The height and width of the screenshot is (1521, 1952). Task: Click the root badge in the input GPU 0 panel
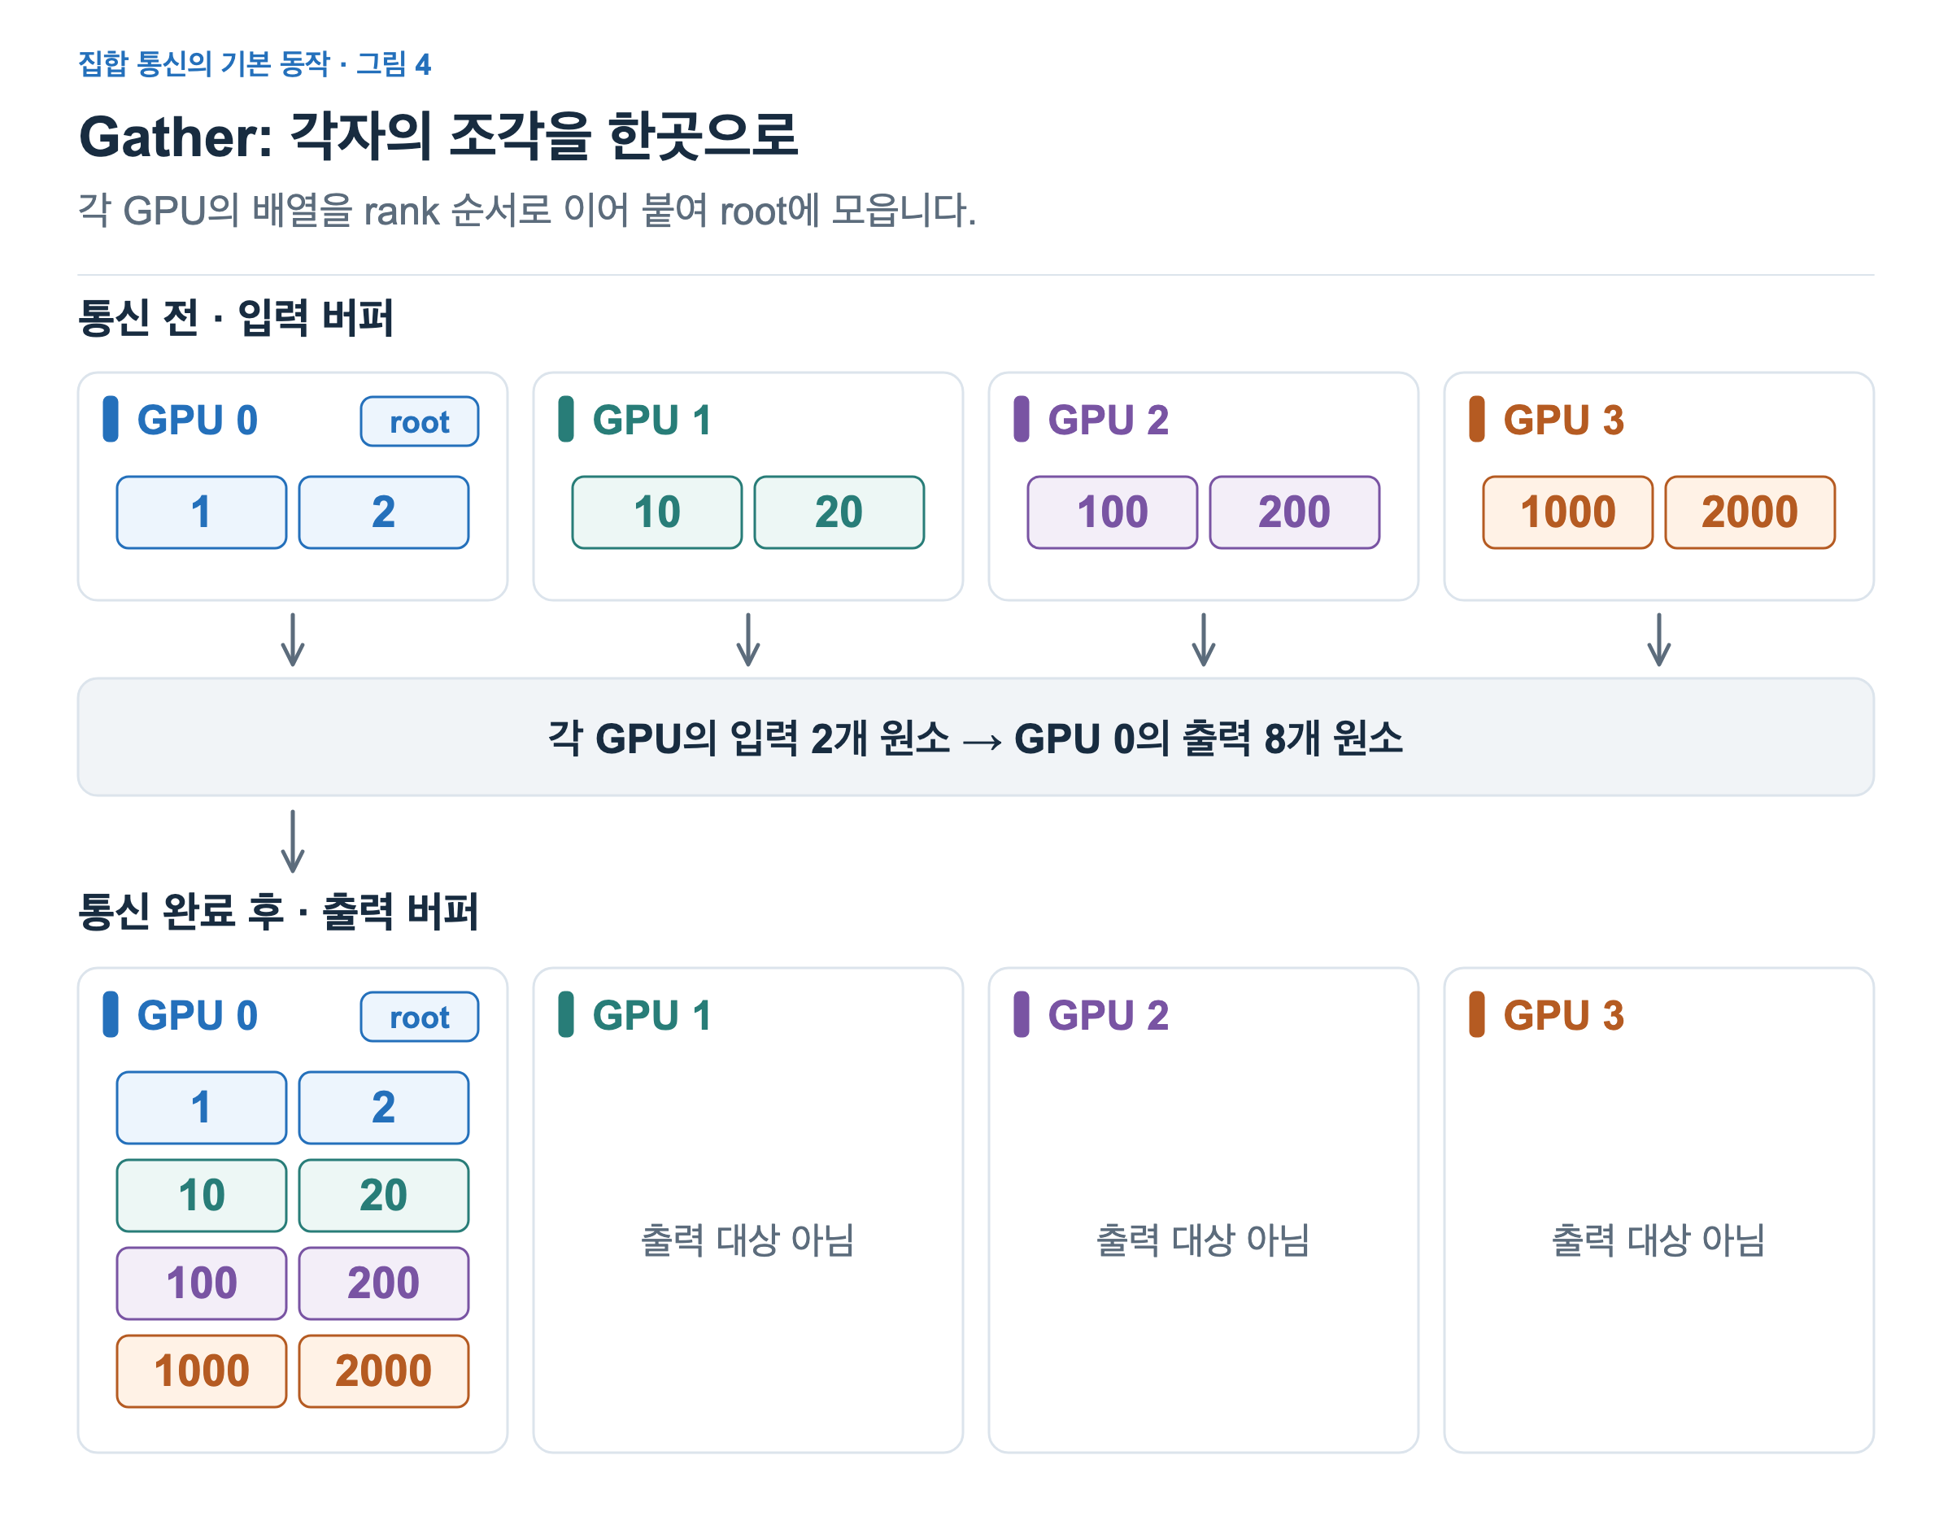coord(419,421)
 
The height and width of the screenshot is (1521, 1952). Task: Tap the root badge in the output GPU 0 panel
coord(419,1016)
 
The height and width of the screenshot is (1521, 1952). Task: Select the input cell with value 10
coord(657,512)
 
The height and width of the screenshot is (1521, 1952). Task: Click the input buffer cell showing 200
coord(1294,512)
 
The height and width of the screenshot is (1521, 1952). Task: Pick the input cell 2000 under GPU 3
coord(1750,512)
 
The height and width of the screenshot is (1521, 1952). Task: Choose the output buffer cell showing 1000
coord(201,1371)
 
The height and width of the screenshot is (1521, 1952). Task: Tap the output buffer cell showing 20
coord(383,1196)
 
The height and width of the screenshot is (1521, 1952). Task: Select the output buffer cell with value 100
coord(201,1283)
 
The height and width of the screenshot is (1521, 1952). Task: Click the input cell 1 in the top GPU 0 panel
coord(201,512)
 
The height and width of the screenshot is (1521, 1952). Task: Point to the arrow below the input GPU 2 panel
coord(1204,640)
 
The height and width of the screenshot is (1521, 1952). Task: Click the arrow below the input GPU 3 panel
coord(1659,640)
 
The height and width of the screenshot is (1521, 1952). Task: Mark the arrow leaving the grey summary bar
coord(293,841)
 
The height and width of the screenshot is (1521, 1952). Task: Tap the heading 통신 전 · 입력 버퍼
coord(236,317)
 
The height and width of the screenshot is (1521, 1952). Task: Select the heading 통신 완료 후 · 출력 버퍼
coord(279,912)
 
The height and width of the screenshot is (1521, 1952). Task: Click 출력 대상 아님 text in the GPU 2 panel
coord(1203,1240)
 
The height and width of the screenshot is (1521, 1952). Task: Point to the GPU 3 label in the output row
coord(1563,1015)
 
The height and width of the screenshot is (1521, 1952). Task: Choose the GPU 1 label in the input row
coord(651,420)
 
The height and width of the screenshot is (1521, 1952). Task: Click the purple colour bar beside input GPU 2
coord(1022,419)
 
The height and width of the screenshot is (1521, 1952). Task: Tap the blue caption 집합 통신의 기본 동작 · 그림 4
coord(255,63)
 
